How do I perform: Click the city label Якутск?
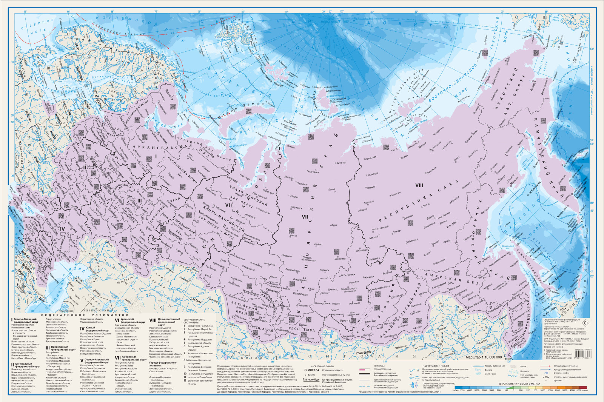(x=431, y=218)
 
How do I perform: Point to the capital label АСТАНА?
(x=196, y=300)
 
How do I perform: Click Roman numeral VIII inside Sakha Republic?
(x=419, y=185)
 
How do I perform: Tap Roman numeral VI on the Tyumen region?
(x=228, y=205)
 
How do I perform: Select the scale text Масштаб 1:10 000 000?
(x=484, y=357)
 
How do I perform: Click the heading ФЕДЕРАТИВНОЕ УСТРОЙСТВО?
(x=85, y=315)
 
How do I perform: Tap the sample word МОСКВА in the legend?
(x=313, y=370)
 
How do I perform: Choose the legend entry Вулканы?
(x=558, y=380)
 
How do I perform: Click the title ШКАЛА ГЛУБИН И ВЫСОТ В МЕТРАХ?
(x=519, y=384)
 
